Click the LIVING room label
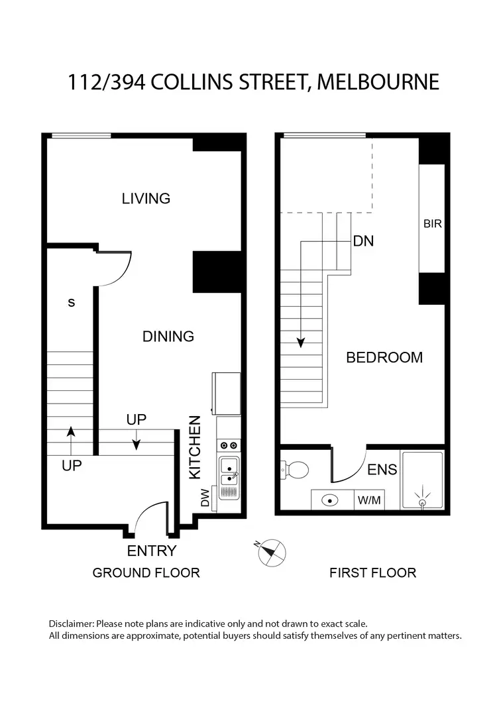coord(146,198)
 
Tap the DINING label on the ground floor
coord(168,337)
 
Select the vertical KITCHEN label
coord(195,447)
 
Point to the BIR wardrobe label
coord(432,224)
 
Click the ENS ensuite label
coord(382,470)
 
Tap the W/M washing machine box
coord(369,500)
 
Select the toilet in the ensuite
coord(296,470)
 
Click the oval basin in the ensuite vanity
coord(329,500)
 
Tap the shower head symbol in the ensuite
coord(423,498)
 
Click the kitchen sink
coord(230,470)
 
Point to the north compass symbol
coord(272,551)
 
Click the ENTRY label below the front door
coord(152,551)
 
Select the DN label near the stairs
coord(363,241)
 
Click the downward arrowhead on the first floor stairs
coord(301,343)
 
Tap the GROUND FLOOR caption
coord(146,572)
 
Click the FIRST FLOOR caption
coord(372,572)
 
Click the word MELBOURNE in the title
coord(378,82)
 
